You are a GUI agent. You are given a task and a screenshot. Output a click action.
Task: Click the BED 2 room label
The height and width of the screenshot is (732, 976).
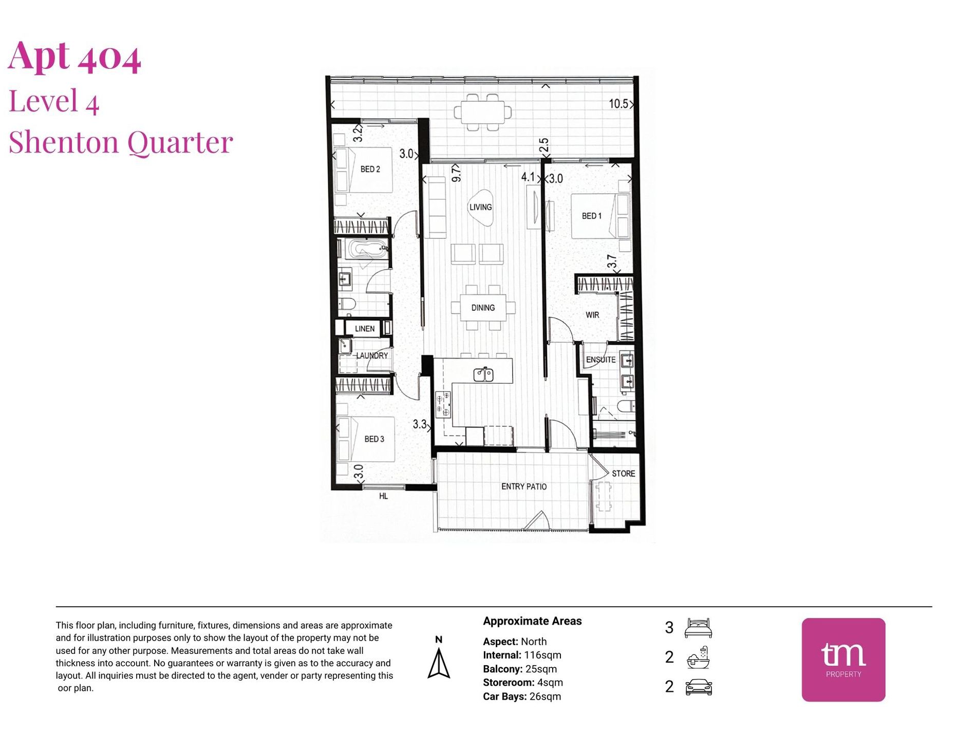[x=370, y=169]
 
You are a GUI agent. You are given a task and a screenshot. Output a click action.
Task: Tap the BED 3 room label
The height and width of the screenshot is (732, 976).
[x=374, y=439]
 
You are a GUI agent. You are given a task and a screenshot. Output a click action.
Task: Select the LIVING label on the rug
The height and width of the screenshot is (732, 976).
[x=480, y=207]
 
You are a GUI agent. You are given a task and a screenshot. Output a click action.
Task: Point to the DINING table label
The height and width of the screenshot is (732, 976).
[x=483, y=308]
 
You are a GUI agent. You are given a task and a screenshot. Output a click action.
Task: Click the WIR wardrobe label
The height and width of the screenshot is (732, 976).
[x=592, y=315]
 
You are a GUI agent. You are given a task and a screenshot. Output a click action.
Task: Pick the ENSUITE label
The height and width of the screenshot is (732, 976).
[x=600, y=360]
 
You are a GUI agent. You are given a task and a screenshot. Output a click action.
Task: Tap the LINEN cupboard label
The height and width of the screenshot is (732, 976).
[x=365, y=329]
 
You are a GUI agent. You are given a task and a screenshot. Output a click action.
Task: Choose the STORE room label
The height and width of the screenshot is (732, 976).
[x=623, y=474]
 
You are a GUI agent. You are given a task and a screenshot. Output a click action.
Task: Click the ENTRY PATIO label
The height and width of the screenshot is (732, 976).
[x=524, y=486]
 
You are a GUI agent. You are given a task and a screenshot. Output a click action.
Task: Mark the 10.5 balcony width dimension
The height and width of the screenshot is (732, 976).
[x=618, y=104]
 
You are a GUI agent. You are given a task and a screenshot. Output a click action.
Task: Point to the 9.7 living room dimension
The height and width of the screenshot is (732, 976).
[x=456, y=174]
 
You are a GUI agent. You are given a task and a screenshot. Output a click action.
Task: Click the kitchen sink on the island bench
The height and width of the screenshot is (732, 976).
[x=483, y=374]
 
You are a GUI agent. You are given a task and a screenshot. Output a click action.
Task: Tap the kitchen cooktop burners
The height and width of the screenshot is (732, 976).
[x=443, y=404]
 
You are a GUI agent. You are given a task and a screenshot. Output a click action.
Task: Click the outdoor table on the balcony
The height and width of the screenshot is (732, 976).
[x=483, y=112]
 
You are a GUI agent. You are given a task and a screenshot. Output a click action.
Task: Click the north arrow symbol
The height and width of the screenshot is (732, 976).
[x=439, y=663]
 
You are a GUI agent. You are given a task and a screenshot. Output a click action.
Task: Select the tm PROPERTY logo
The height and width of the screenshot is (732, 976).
[x=843, y=660]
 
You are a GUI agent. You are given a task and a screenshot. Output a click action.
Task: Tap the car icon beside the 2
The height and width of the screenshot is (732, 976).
[x=699, y=687]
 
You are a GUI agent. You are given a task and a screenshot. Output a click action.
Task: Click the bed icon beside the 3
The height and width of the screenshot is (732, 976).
[x=698, y=628]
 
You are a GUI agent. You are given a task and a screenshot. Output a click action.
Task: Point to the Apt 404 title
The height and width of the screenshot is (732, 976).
[x=74, y=55]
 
